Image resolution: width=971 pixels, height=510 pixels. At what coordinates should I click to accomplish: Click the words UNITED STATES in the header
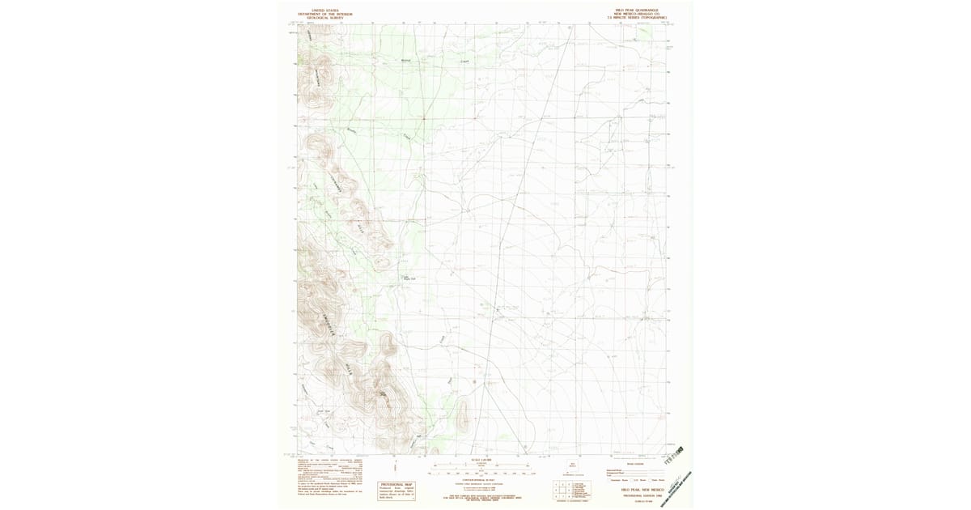click(x=319, y=11)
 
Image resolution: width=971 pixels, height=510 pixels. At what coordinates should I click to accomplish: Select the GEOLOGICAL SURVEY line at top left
click(x=319, y=18)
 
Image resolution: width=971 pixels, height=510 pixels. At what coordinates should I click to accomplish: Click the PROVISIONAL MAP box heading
click(x=396, y=484)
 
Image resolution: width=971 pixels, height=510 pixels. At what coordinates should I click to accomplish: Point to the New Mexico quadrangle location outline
click(x=576, y=467)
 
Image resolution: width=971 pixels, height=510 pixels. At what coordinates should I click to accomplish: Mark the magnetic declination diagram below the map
click(x=396, y=466)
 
